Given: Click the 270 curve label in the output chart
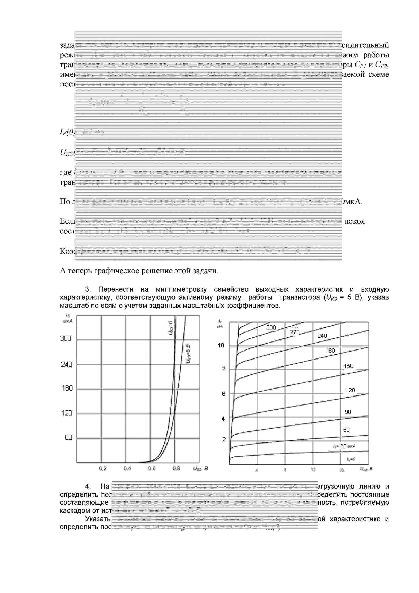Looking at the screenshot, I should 295,332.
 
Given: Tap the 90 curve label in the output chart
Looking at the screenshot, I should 348,412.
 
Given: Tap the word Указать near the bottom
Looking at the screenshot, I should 98,519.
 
